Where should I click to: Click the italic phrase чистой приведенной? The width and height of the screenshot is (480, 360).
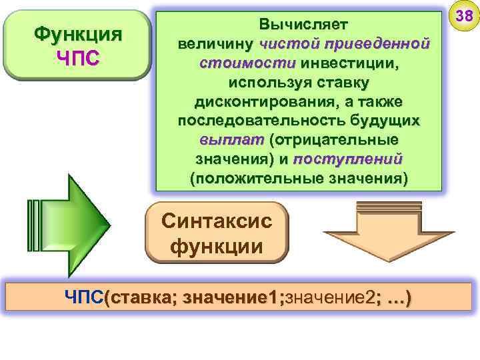(x=343, y=44)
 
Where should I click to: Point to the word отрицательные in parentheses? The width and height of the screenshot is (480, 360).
(x=333, y=141)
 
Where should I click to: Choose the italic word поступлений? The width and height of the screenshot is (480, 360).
(x=347, y=160)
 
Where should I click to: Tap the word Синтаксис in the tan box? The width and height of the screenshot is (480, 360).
(x=217, y=221)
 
